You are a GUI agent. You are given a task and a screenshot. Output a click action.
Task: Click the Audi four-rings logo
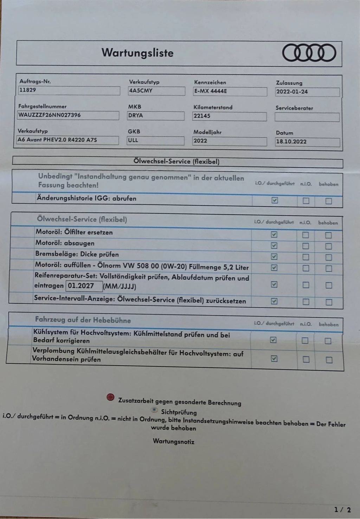pyautogui.click(x=309, y=53)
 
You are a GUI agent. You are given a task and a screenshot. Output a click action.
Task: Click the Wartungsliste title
pyautogui.click(x=137, y=53)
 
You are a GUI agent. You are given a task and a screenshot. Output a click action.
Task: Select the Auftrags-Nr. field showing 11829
pyautogui.click(x=69, y=90)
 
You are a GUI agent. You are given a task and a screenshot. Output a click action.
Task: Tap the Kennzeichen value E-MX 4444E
pyautogui.click(x=230, y=91)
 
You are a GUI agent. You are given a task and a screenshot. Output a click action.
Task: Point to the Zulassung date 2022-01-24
pyautogui.click(x=307, y=92)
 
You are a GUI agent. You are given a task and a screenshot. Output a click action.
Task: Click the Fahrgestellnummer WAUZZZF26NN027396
pyautogui.click(x=68, y=115)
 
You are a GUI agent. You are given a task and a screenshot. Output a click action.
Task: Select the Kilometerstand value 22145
pyautogui.click(x=229, y=116)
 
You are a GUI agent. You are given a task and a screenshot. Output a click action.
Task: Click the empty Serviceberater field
pyautogui.click(x=307, y=117)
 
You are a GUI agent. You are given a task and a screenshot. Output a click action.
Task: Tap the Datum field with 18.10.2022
pyautogui.click(x=307, y=142)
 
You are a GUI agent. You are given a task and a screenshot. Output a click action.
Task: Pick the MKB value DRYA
pyautogui.click(x=156, y=115)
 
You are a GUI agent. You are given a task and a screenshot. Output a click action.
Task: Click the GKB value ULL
pyautogui.click(x=155, y=140)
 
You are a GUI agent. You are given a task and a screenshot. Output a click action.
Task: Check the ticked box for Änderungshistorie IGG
pyautogui.click(x=275, y=200)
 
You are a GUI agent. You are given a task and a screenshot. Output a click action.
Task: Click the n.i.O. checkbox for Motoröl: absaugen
pyautogui.click(x=306, y=246)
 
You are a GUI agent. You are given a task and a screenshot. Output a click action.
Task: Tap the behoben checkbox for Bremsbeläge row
pyautogui.click(x=328, y=257)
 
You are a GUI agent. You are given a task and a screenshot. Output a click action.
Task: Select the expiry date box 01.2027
pyautogui.click(x=84, y=286)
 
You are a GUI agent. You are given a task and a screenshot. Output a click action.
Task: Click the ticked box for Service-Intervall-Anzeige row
pyautogui.click(x=274, y=301)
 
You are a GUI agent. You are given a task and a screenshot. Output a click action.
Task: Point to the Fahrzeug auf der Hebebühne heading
pyautogui.click(x=83, y=320)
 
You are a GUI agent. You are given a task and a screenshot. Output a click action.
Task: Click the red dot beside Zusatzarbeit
pyautogui.click(x=110, y=397)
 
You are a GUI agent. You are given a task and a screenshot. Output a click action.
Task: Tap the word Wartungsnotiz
pyautogui.click(x=173, y=441)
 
